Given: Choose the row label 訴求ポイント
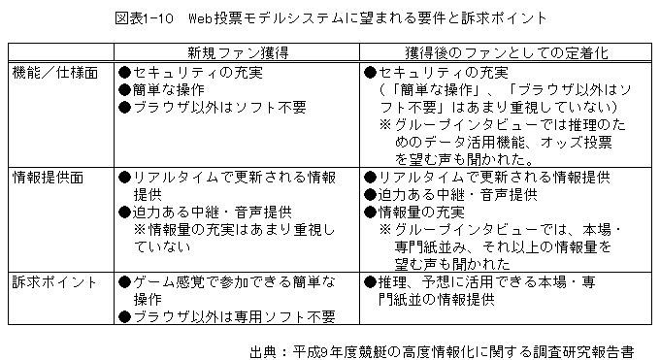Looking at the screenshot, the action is pyautogui.click(x=54, y=282).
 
